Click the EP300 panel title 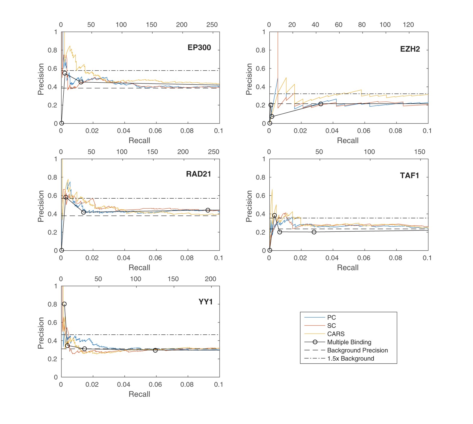click(x=199, y=47)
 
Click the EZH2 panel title click(x=410, y=49)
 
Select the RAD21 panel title click(x=198, y=174)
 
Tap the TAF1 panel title click(x=409, y=175)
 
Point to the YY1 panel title click(x=205, y=302)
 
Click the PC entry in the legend click(x=331, y=317)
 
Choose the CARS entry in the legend click(x=335, y=334)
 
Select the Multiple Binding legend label click(x=349, y=342)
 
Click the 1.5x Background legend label click(x=350, y=358)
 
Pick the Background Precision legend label click(x=357, y=350)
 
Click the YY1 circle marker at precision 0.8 click(x=64, y=304)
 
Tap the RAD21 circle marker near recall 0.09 click(x=208, y=210)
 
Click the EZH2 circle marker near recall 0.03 click(x=321, y=104)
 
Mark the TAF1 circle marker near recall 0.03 click(x=314, y=232)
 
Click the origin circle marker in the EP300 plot click(x=62, y=123)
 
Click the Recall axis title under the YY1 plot click(x=139, y=394)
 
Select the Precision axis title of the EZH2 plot click(x=249, y=79)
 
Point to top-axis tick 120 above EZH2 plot click(x=408, y=25)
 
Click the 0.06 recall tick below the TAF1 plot click(x=363, y=258)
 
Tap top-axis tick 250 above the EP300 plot click(x=212, y=25)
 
